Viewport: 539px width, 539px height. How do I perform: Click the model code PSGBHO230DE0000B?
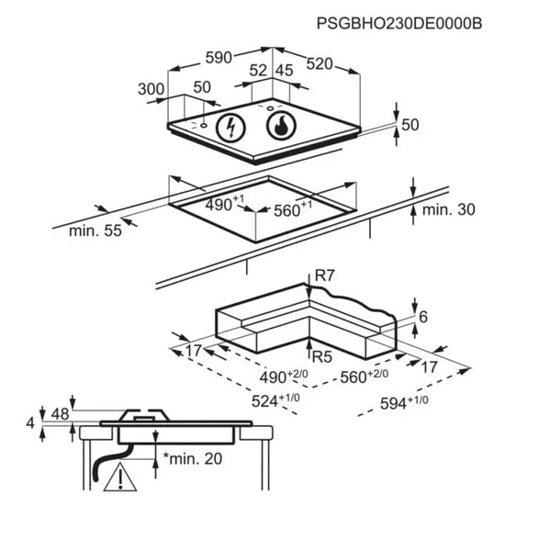(x=399, y=24)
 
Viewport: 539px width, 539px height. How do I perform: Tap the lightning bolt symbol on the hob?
(x=230, y=128)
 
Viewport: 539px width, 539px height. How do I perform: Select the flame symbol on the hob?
(x=281, y=126)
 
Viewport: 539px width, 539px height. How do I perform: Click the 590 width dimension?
(x=219, y=58)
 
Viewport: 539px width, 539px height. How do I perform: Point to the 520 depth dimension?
(x=320, y=64)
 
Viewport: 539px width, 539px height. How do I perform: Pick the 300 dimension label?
(x=151, y=89)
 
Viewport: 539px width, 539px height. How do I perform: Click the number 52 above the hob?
(x=258, y=71)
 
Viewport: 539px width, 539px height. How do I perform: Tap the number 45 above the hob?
(x=285, y=71)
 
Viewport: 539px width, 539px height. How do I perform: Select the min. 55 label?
(x=95, y=230)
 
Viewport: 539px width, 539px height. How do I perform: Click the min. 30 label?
(x=449, y=209)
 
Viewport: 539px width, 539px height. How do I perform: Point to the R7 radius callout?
(x=324, y=275)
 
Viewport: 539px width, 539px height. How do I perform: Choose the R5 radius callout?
(x=321, y=357)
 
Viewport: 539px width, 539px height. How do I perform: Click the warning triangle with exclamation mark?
(x=120, y=478)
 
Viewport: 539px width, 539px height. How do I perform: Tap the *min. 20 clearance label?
(x=193, y=458)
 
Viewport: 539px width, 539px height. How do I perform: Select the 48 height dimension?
(x=61, y=414)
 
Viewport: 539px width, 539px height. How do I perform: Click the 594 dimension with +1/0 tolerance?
(x=404, y=403)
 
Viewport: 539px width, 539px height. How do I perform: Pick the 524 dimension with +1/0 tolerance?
(x=275, y=400)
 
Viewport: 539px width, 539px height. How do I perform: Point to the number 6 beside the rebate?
(x=423, y=317)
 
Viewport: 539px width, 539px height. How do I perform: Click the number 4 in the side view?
(x=30, y=423)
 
